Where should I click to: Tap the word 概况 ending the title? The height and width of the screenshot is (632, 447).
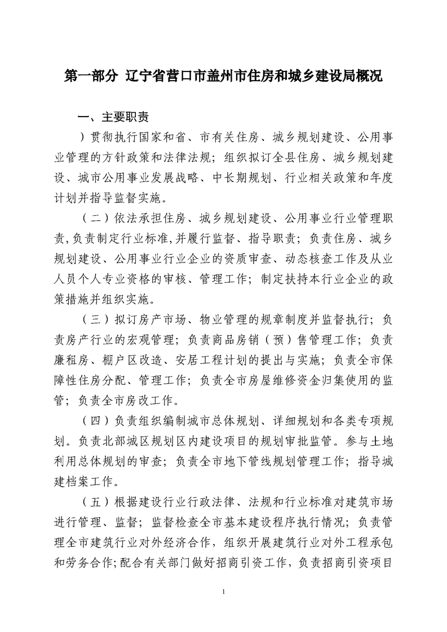click(x=368, y=75)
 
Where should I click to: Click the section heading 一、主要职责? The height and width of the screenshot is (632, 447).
click(x=113, y=117)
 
